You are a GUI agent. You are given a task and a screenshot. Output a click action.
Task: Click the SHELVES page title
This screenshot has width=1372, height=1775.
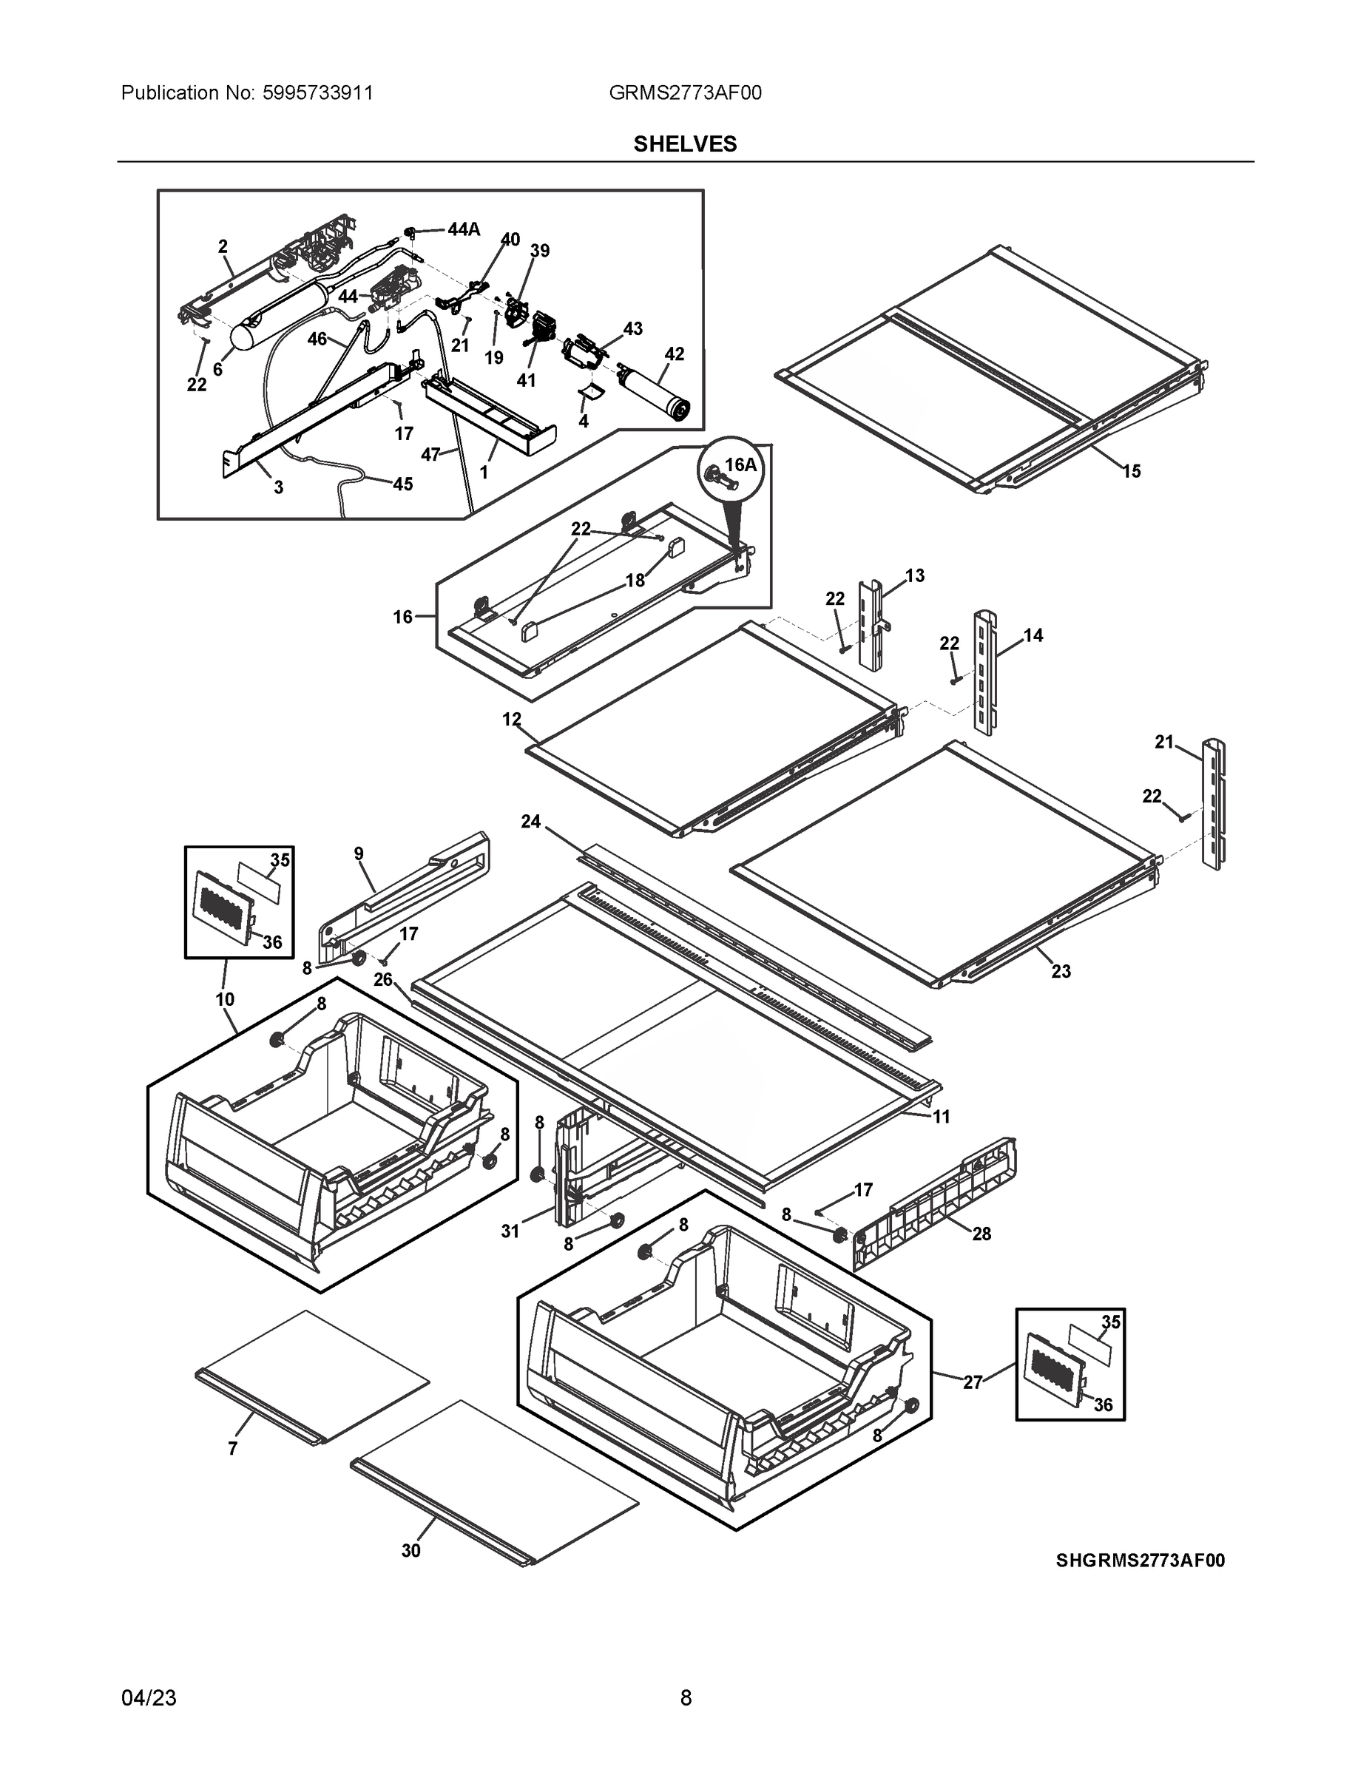coord(685,144)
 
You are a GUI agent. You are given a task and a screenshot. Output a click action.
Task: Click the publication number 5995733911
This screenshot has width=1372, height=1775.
coord(318,92)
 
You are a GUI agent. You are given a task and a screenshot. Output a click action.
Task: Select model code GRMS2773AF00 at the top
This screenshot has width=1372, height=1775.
coord(685,92)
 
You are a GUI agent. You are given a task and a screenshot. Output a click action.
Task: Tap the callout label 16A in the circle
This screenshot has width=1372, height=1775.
coord(740,465)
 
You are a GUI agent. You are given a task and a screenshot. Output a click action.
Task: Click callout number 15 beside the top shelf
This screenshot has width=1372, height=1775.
coord(1132,470)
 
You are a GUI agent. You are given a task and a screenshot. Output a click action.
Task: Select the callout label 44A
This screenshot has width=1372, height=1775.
coord(463,230)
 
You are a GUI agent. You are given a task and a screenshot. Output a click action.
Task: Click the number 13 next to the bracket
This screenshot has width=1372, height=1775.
coord(914,575)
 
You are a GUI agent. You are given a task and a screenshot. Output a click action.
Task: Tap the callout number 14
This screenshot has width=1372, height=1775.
coord(1033,635)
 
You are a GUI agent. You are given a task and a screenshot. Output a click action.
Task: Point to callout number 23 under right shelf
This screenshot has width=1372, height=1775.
coord(1061,970)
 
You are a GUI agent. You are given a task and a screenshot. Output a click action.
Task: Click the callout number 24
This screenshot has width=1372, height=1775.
coord(531,822)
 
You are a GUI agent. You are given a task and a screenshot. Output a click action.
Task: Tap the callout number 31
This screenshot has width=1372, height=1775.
coord(510,1231)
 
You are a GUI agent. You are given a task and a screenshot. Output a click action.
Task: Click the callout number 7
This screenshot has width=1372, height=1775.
coord(232,1448)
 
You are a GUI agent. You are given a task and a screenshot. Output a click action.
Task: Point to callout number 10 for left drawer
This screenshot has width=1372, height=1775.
coord(225,999)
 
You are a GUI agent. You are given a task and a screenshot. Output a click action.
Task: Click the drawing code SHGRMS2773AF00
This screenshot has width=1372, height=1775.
coord(1140,1561)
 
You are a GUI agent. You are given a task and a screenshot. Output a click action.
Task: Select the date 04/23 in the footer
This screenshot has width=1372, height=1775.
coord(149,1698)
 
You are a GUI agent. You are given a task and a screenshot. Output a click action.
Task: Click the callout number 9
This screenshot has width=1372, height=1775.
coord(359,853)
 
